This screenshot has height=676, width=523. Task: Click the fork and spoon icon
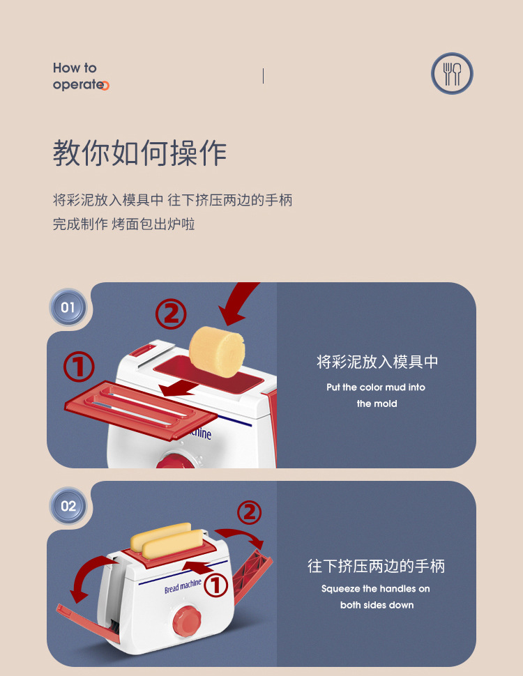[452, 74]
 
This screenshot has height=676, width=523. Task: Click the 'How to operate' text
[80, 76]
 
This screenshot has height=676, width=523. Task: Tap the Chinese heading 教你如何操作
[139, 153]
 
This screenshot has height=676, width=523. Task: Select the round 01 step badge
[68, 307]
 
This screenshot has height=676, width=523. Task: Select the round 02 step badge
[68, 506]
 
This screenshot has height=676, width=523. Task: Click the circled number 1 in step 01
[79, 367]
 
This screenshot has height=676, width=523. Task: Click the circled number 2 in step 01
[171, 314]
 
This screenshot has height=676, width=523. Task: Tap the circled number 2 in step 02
[249, 513]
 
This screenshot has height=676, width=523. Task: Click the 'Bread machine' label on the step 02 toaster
[183, 586]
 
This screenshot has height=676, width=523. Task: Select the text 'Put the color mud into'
[376, 387]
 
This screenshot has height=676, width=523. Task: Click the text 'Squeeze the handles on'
[376, 589]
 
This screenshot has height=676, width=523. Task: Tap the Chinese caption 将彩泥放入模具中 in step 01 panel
[377, 362]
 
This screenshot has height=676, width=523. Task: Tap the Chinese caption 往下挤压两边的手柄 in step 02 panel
[376, 566]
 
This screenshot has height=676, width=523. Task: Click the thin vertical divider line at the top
[263, 76]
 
